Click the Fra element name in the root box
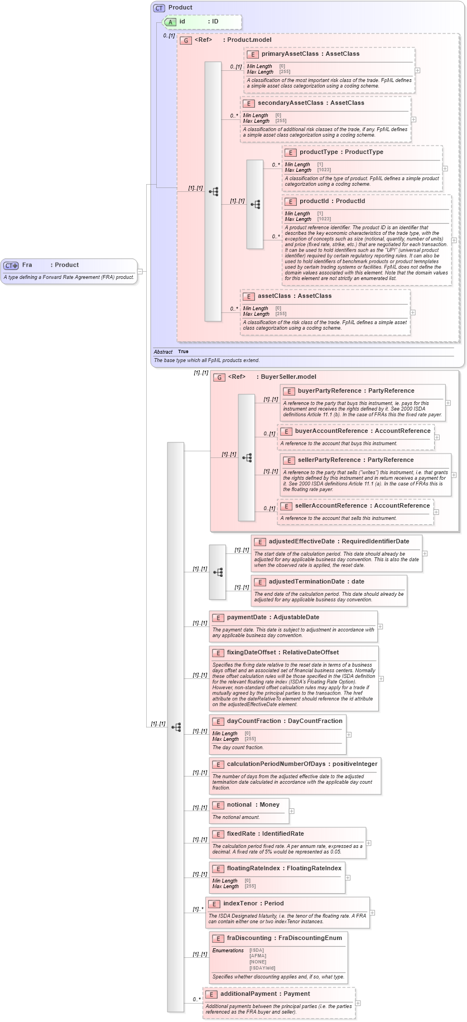coord(27,265)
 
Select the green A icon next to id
coord(171,22)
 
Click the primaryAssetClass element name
coord(290,54)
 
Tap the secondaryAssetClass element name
coord(290,103)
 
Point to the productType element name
coord(319,152)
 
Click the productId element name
coord(314,201)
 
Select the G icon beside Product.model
coord(186,40)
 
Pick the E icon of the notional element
coord(218,805)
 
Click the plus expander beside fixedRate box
coord(368,843)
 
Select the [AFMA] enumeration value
coord(258,956)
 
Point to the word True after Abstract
coord(183,352)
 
